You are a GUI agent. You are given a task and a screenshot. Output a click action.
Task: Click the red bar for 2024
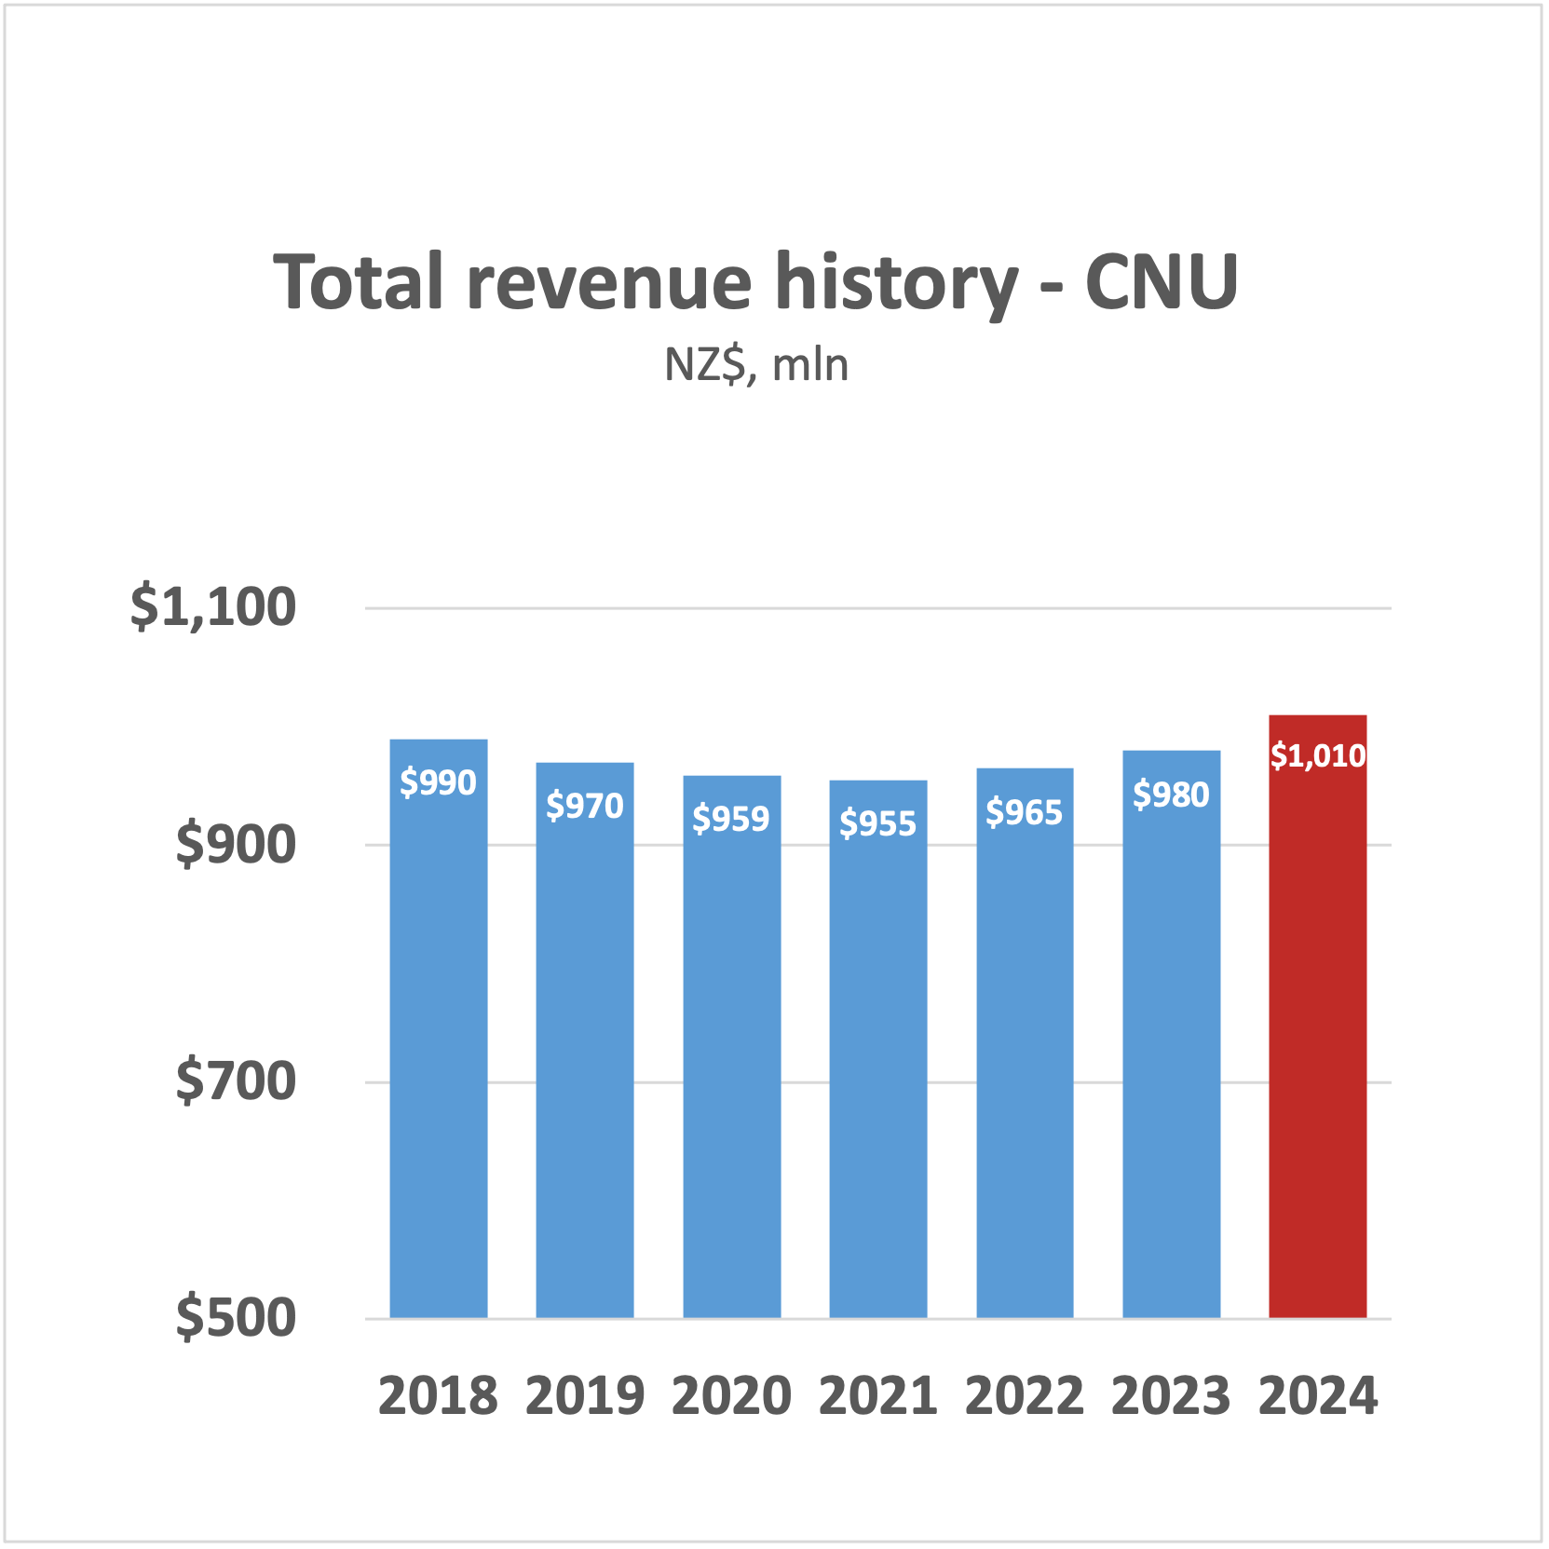(x=1317, y=1025)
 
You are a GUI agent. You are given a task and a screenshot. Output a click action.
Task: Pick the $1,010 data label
(x=1317, y=755)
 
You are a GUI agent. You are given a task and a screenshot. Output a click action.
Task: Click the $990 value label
(x=438, y=782)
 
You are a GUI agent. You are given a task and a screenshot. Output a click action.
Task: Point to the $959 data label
(x=731, y=819)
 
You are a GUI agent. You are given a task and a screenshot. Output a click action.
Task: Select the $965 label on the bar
(x=1024, y=812)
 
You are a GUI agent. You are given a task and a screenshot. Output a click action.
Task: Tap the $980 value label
(x=1171, y=795)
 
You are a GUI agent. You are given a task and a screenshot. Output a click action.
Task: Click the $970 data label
(x=584, y=806)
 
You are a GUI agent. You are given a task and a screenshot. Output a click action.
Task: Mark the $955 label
(x=877, y=823)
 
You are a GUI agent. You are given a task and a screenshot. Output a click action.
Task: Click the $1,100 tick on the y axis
(x=212, y=607)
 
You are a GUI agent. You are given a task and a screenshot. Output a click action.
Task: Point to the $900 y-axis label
(x=235, y=845)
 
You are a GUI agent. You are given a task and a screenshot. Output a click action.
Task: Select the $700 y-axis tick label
(x=235, y=1081)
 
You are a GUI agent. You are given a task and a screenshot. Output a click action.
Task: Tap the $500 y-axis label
(x=235, y=1318)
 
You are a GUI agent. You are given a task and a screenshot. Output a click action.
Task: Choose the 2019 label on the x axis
(x=584, y=1396)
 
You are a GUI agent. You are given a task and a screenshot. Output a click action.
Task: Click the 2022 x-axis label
(x=1024, y=1396)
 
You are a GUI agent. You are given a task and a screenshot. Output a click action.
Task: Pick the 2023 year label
(x=1171, y=1396)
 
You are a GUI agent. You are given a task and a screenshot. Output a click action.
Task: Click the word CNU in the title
(x=1161, y=281)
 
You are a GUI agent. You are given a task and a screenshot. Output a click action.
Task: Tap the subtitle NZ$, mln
(x=756, y=365)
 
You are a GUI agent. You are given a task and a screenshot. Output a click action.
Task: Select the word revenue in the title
(x=608, y=281)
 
